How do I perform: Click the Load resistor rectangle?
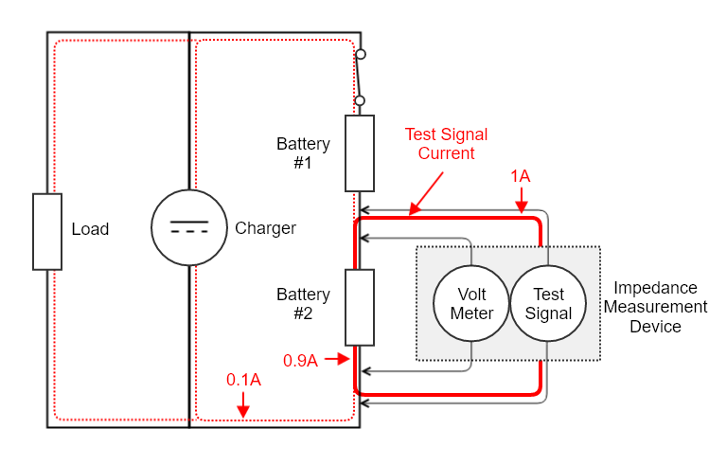(47, 231)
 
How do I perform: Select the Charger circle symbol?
(189, 228)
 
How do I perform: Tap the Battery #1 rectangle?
(360, 153)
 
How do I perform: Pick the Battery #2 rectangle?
(360, 307)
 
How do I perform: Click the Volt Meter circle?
(471, 304)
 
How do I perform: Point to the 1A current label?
(521, 176)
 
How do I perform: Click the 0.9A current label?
(300, 360)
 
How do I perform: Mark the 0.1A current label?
(243, 380)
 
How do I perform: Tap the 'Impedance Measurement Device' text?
(655, 307)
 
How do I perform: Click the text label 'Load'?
(90, 229)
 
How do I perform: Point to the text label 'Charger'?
(265, 228)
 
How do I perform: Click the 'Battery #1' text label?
(303, 153)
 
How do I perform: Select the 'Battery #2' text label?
(303, 304)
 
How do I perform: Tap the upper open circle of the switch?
(359, 56)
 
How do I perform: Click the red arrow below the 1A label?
(521, 200)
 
